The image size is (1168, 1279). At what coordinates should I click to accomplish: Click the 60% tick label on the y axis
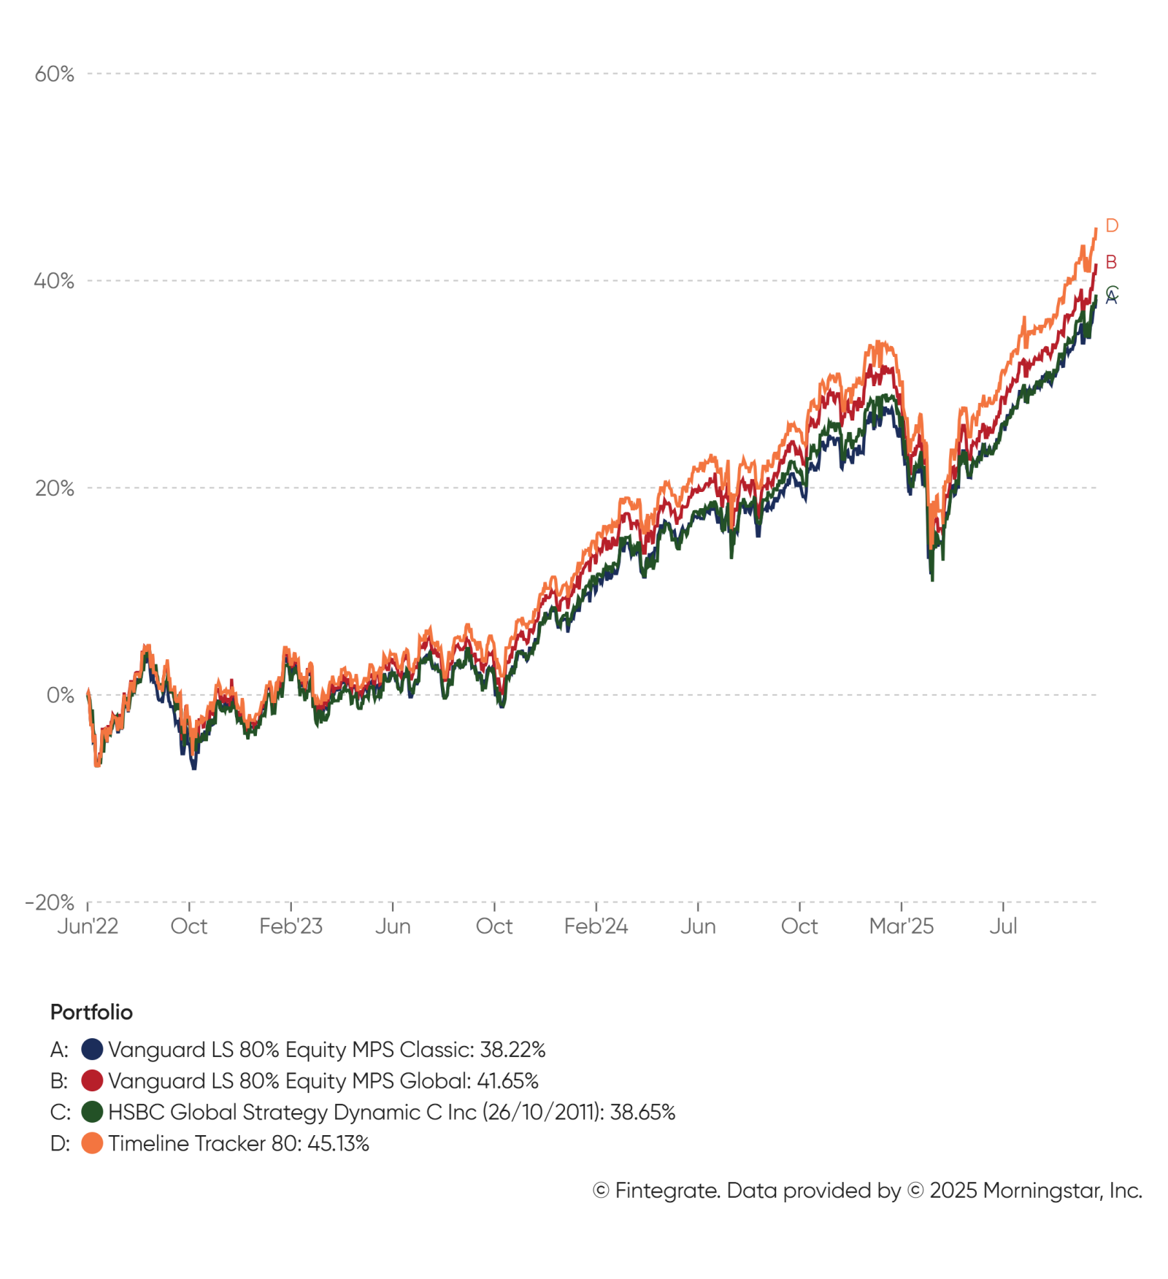click(x=54, y=74)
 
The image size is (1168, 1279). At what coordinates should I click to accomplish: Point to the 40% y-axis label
click(x=54, y=281)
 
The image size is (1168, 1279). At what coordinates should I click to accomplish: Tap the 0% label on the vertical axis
click(x=60, y=695)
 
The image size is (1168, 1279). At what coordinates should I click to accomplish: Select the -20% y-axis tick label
click(x=50, y=902)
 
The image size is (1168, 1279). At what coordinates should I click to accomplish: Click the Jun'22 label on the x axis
click(x=88, y=926)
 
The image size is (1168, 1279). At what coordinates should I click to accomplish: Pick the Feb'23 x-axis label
click(x=291, y=926)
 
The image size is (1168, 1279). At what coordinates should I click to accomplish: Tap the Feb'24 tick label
click(x=596, y=926)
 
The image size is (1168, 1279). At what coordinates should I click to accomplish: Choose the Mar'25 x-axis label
click(x=901, y=926)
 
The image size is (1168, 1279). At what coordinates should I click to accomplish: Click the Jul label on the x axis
click(x=1003, y=926)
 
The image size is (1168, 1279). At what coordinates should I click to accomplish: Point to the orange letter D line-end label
click(x=1111, y=226)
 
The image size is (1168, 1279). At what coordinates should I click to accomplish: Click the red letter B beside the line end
click(x=1110, y=262)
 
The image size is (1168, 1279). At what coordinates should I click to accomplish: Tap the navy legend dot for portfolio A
click(x=92, y=1050)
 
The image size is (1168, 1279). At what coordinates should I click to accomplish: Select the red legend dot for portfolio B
click(x=92, y=1080)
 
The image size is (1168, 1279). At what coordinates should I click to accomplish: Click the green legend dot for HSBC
click(x=92, y=1112)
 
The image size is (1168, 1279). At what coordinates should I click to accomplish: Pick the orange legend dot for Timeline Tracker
click(x=92, y=1143)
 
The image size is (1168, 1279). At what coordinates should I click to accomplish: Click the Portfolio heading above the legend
click(x=91, y=1012)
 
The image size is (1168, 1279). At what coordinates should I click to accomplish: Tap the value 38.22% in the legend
click(x=512, y=1050)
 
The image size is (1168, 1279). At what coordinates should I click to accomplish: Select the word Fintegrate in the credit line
click(x=666, y=1191)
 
